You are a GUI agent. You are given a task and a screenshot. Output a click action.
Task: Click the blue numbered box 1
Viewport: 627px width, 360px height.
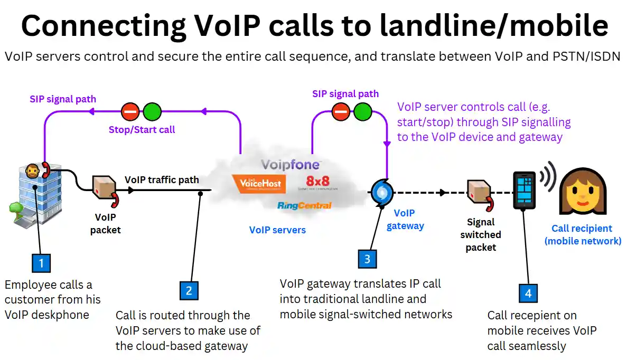41,262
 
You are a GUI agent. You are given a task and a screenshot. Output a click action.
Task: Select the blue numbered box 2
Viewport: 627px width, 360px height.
189,290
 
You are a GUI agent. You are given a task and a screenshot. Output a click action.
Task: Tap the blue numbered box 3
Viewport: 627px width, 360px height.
367,259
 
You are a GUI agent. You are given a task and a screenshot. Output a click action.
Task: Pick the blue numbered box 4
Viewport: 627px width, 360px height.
528,293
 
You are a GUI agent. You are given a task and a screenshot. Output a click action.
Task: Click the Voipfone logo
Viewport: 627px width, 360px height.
291,165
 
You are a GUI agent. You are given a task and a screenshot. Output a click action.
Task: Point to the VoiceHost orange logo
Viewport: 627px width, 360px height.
259,184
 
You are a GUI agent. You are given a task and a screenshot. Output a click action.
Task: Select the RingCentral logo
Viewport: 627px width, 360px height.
304,205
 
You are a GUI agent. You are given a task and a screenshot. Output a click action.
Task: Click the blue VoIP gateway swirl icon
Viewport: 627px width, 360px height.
380,192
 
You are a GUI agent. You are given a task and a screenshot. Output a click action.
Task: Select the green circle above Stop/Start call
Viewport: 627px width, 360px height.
153,111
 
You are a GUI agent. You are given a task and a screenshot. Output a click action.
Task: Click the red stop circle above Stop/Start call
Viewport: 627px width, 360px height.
130,111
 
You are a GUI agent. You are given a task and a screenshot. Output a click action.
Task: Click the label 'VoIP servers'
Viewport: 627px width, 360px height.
277,230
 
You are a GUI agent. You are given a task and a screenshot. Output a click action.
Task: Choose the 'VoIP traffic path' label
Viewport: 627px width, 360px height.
162,180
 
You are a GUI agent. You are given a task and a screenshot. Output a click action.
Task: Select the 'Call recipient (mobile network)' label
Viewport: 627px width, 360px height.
582,234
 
